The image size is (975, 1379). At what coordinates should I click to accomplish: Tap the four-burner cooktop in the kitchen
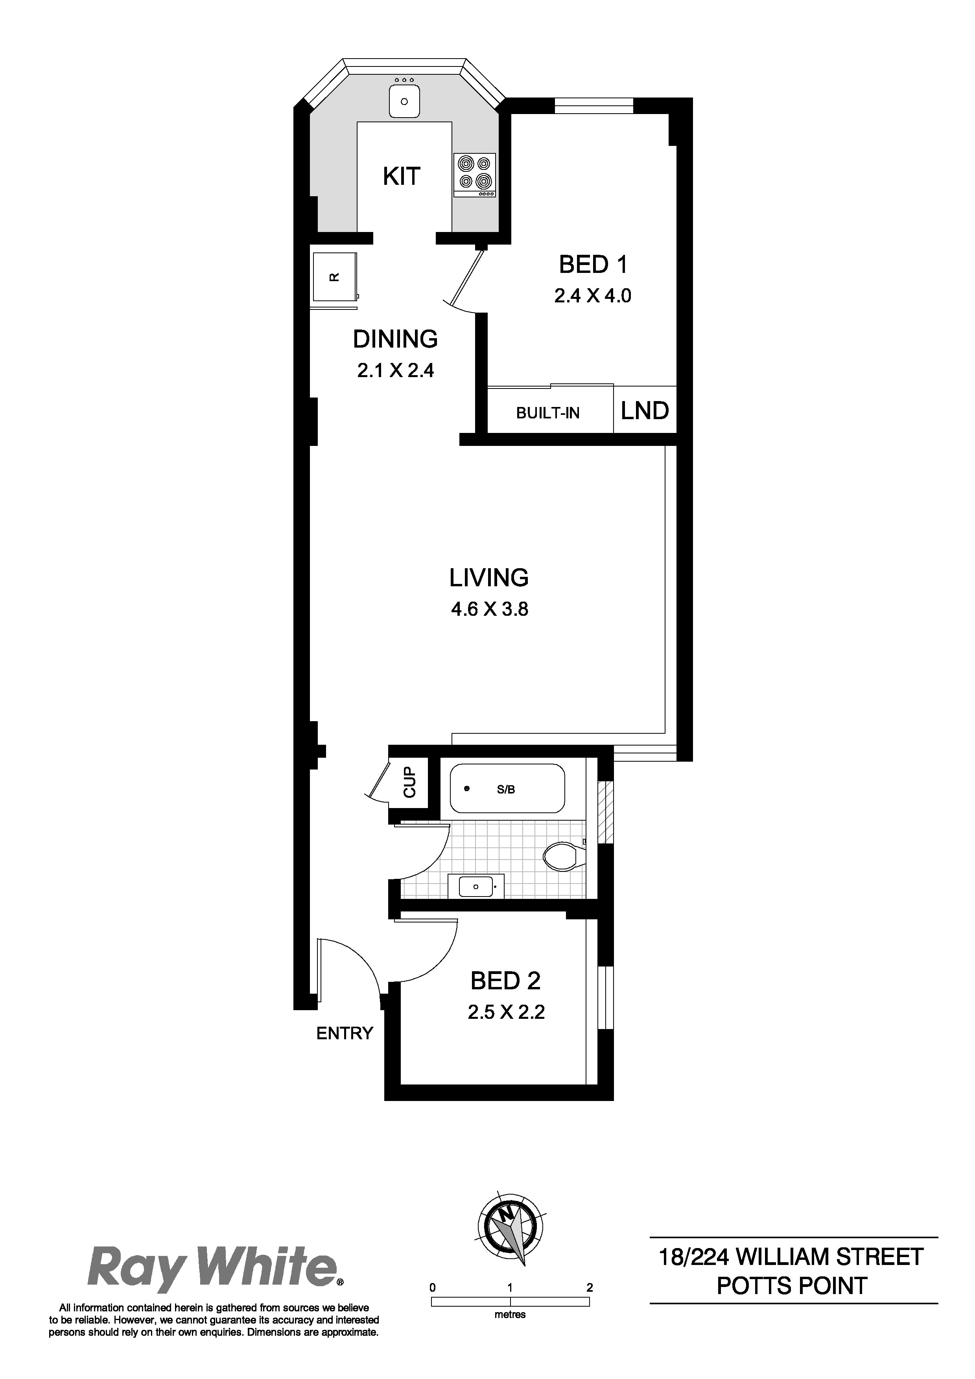tap(475, 175)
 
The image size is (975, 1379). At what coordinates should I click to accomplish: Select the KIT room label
tap(401, 177)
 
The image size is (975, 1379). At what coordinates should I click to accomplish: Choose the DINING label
tap(395, 339)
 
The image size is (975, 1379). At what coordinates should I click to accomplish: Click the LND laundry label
tap(645, 411)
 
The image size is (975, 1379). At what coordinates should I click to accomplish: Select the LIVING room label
tap(488, 578)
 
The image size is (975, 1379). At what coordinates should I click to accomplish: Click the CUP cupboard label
tap(410, 782)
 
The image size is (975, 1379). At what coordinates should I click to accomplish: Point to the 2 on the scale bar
tap(589, 1287)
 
